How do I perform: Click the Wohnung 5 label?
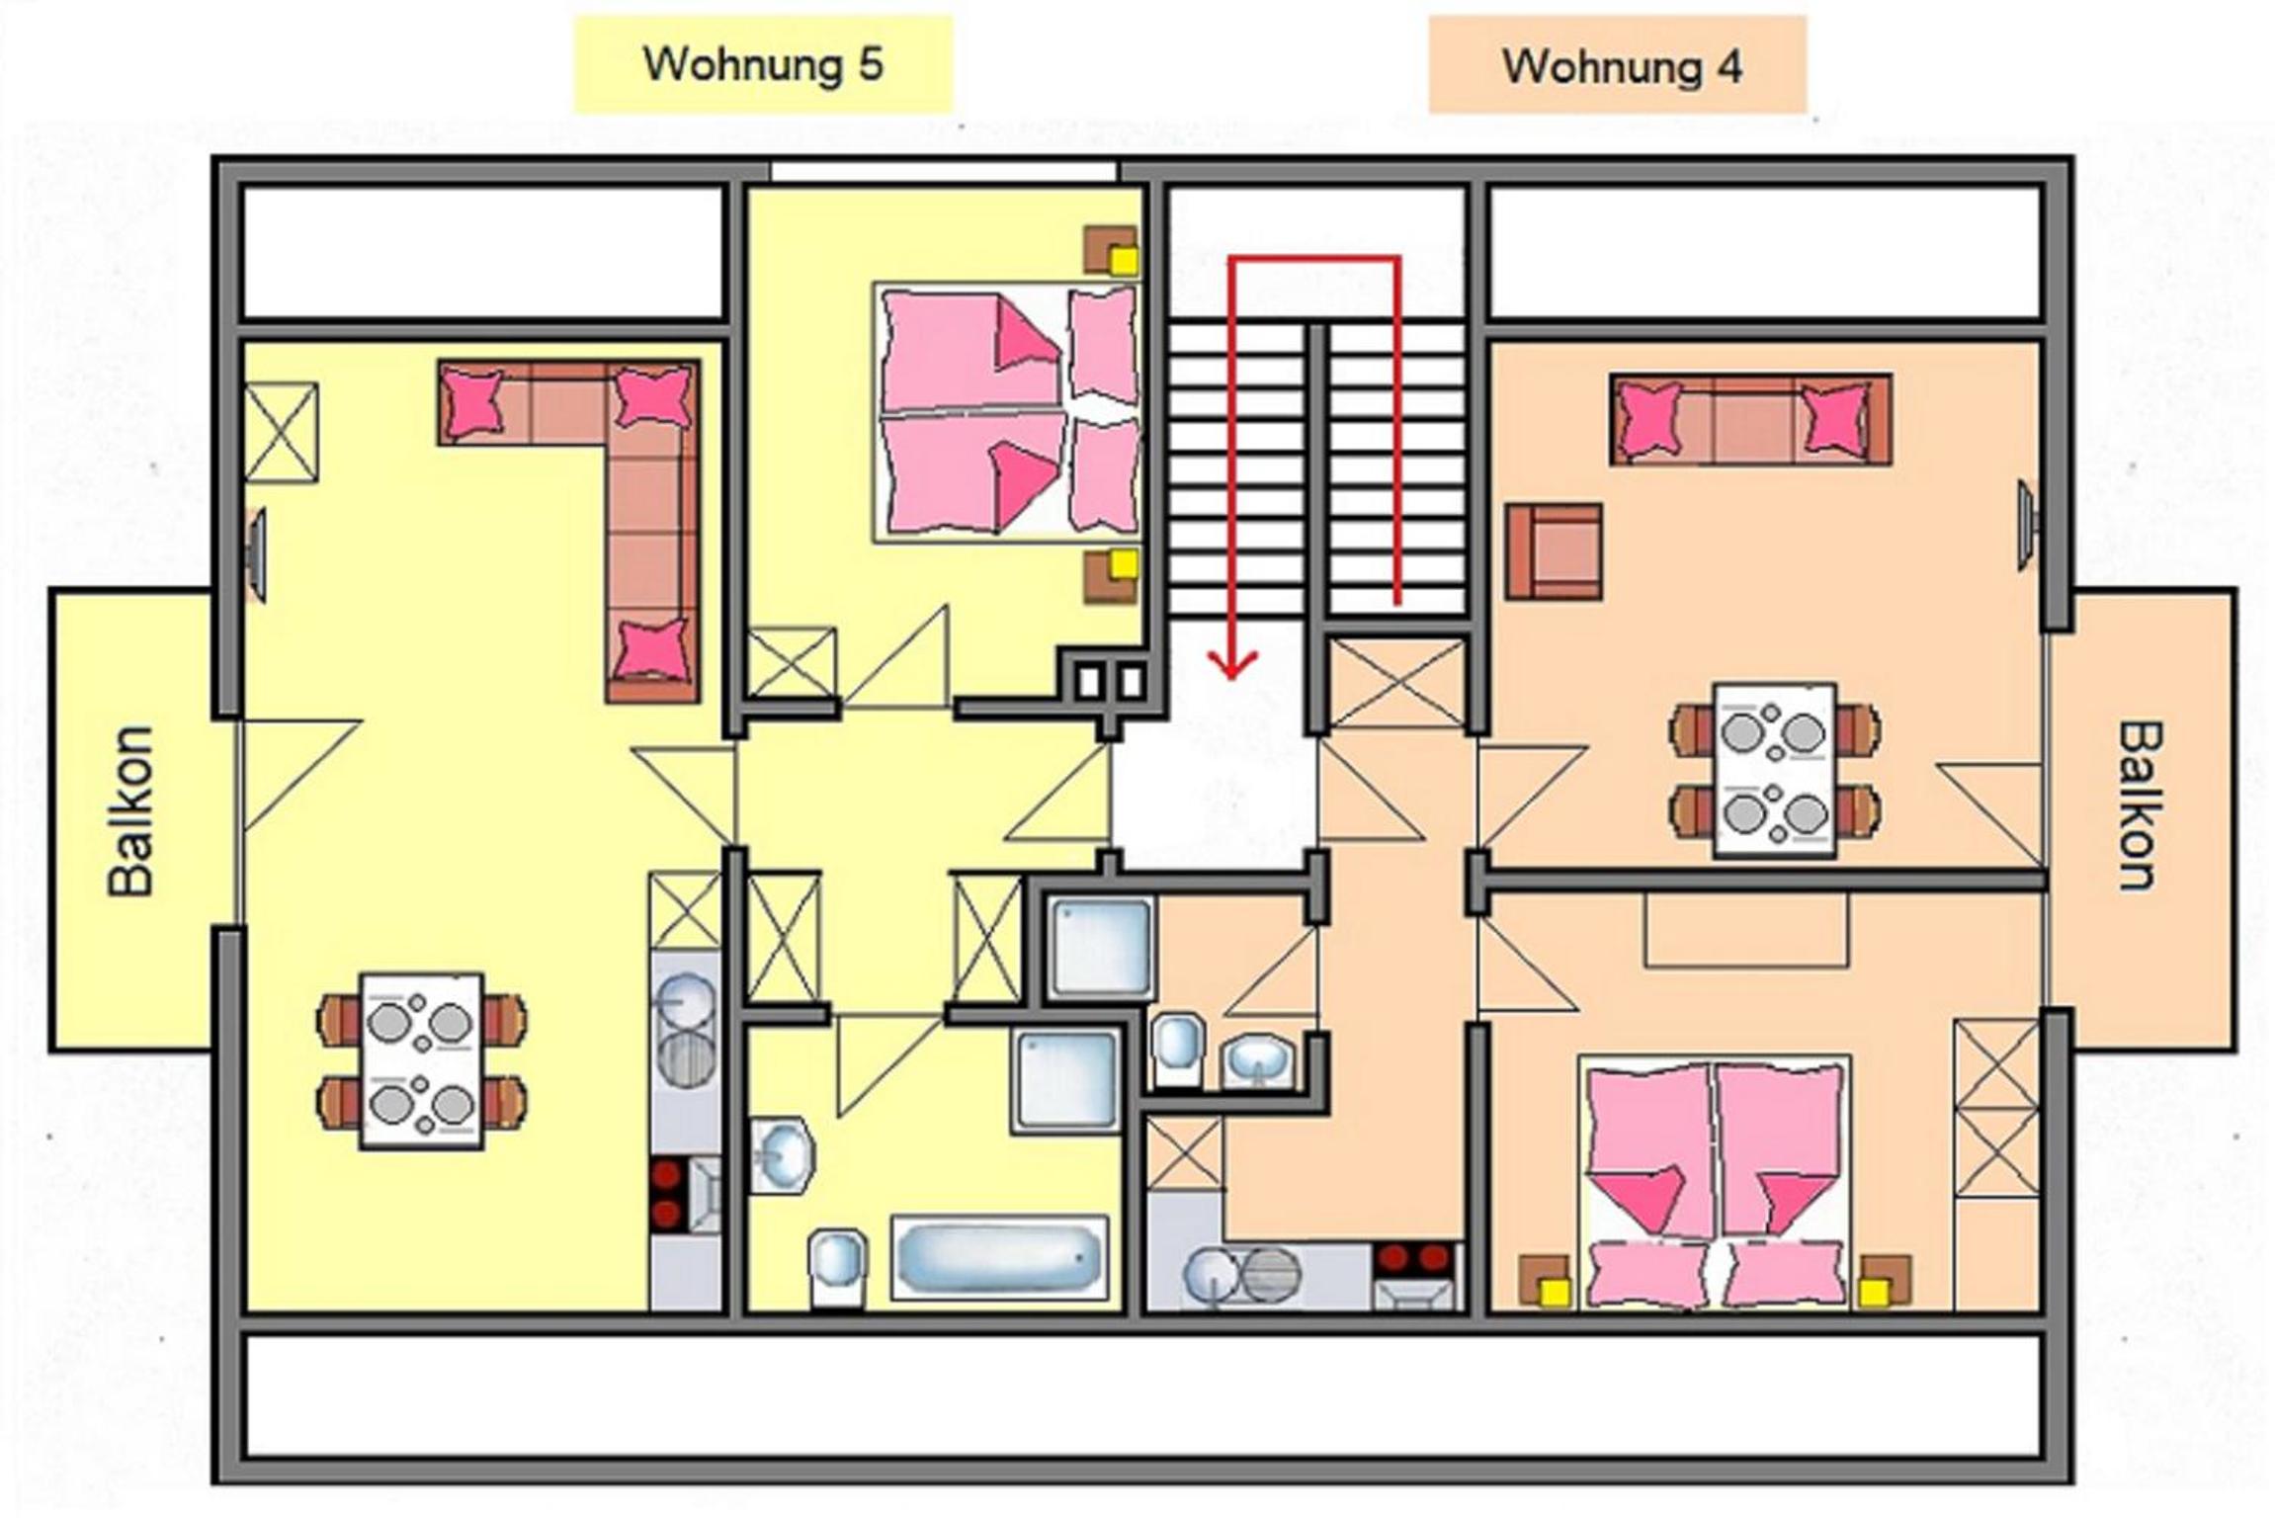763,65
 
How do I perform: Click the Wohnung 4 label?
1622,67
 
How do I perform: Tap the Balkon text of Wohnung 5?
131,811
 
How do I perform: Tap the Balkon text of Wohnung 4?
2141,806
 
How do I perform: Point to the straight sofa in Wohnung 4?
1750,419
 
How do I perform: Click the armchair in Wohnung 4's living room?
1554,551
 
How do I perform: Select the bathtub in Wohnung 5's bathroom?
998,1257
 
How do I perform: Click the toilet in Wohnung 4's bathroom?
1177,1049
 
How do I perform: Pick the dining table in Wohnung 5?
422,1061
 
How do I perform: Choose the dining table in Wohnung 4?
1775,770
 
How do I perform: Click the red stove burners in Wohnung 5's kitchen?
667,1194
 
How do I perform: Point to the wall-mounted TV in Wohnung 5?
256,554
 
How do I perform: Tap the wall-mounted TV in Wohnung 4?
2025,525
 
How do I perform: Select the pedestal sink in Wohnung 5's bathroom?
782,1154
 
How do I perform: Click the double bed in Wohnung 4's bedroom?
1715,1182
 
